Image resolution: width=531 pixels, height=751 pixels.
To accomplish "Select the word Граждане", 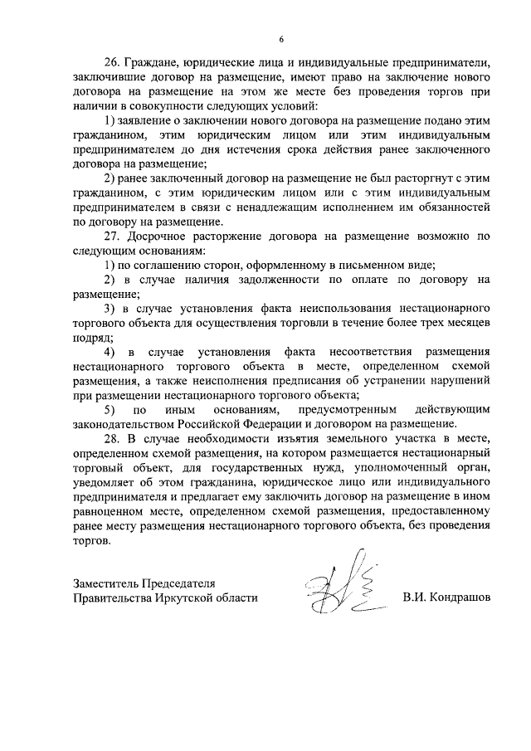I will [152, 62].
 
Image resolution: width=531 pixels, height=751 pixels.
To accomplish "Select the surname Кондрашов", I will [457, 597].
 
